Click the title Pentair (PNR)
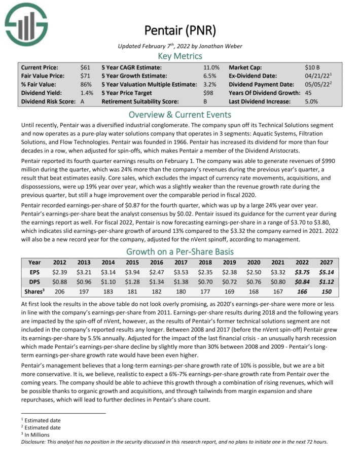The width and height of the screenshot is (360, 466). click(x=180, y=31)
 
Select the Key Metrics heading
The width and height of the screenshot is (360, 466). click(x=180, y=56)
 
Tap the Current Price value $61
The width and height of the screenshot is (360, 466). click(x=86, y=67)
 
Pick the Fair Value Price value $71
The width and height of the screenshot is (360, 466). click(x=86, y=76)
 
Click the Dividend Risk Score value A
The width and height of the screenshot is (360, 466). click(x=83, y=102)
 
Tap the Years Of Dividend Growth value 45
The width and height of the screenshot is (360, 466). click(x=309, y=93)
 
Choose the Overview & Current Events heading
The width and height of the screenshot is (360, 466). click(x=180, y=114)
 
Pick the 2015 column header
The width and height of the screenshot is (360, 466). click(x=131, y=263)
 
